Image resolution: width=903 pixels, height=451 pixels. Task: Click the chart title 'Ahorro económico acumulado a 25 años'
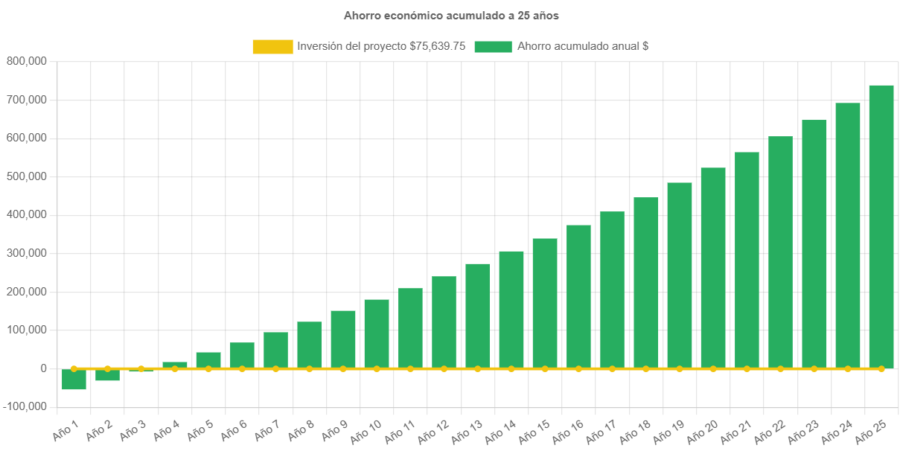click(451, 15)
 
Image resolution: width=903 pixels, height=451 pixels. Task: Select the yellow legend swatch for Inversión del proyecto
click(272, 47)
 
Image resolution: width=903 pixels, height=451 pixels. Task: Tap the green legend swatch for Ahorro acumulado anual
click(493, 47)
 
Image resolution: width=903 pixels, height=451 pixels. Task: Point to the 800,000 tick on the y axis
click(27, 61)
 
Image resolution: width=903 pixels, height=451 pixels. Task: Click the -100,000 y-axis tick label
click(24, 406)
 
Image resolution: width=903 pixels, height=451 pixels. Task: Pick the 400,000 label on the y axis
click(27, 214)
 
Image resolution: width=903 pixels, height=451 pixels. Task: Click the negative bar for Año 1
click(74, 380)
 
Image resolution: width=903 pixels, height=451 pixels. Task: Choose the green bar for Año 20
click(713, 268)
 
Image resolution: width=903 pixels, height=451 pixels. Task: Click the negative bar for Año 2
click(107, 375)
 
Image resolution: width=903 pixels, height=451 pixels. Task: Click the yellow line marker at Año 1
click(74, 368)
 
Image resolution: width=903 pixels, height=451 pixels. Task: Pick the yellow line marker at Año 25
click(881, 368)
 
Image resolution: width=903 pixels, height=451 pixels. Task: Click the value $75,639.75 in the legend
click(438, 46)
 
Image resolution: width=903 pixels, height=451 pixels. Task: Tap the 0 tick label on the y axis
click(44, 368)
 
